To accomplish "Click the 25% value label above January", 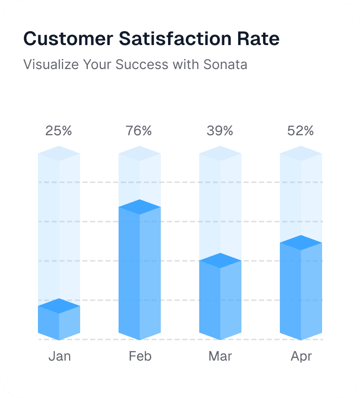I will pos(59,130).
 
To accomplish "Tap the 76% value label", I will pos(139,130).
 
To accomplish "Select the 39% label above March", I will pos(220,130).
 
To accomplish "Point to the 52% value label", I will pos(300,130).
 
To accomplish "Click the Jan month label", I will pos(60,356).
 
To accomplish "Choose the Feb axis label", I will pos(140,356).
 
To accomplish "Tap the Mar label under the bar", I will pos(220,356).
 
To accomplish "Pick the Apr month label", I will pos(301,356).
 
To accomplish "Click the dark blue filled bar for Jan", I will pos(59,324).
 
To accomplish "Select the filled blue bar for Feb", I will pos(140,273).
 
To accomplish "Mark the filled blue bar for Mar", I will pos(220,300).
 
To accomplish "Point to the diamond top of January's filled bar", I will pos(59,306).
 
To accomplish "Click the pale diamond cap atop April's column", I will pos(301,153).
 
